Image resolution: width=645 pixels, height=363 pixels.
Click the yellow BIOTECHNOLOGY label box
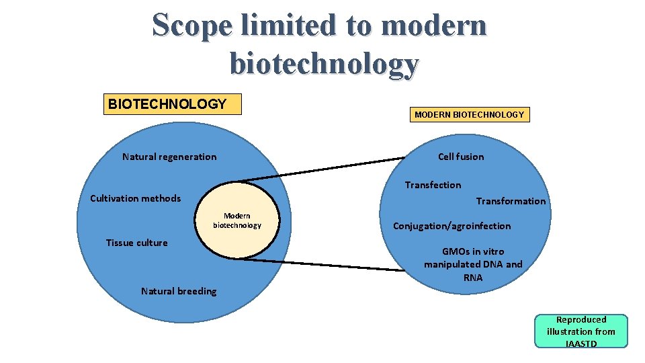[x=172, y=104]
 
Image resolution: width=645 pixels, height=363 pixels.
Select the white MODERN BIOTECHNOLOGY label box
[x=469, y=115]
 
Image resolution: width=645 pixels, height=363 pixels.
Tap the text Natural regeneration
[x=169, y=157]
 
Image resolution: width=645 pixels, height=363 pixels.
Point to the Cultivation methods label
[x=135, y=198]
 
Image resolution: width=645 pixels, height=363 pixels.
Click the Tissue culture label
[x=137, y=243]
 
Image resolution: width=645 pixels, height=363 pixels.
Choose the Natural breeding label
[x=179, y=291]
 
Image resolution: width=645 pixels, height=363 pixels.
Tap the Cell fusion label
[x=461, y=157]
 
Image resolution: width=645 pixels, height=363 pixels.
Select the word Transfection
[x=433, y=185]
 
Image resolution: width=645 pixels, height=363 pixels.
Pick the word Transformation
[x=511, y=201]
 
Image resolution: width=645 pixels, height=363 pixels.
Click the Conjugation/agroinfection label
[x=451, y=226]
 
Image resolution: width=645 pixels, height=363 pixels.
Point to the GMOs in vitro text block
[x=473, y=264]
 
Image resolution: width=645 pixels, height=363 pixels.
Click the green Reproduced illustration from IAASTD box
[x=580, y=331]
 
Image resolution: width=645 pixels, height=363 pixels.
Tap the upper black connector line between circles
[x=322, y=170]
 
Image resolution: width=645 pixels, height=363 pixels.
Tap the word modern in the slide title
[x=434, y=26]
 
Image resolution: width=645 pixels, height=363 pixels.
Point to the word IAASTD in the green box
[x=580, y=344]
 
